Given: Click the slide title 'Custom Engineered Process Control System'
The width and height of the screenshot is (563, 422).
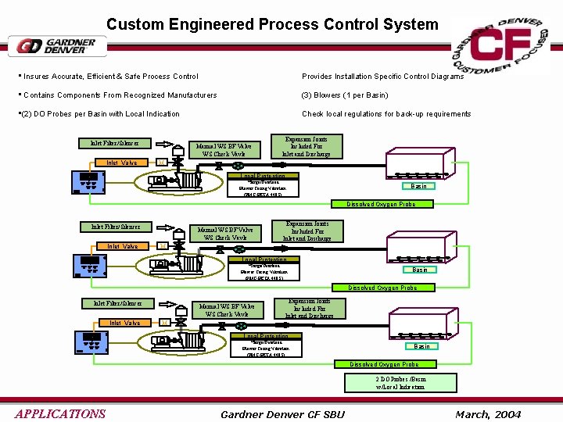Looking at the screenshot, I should (x=272, y=24).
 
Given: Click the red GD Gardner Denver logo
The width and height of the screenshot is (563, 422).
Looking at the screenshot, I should (x=57, y=46).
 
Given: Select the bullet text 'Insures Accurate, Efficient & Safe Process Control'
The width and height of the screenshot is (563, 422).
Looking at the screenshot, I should (x=110, y=77).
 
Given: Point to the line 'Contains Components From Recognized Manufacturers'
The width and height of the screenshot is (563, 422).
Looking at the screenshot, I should (x=120, y=95).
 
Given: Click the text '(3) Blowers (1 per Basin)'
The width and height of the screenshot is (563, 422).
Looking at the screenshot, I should (x=345, y=95).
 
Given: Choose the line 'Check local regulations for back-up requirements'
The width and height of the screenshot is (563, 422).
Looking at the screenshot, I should (x=386, y=114).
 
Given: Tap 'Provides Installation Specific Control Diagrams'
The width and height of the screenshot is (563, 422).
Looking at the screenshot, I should (x=382, y=77).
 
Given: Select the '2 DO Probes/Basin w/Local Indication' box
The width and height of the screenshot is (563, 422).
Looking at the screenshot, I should (x=400, y=382).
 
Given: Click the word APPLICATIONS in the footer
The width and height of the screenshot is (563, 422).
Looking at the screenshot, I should (x=59, y=413).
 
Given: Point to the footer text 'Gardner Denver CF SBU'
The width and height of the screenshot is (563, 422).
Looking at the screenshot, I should (x=283, y=413).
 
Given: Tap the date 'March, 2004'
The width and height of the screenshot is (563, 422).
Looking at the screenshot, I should (x=488, y=413).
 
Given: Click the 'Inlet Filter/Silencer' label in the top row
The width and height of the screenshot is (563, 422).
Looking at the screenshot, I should (x=116, y=143).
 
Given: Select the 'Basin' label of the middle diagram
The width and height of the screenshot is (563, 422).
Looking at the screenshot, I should (x=420, y=270).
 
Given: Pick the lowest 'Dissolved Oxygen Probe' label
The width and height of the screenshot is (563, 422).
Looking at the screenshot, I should (x=383, y=364).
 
